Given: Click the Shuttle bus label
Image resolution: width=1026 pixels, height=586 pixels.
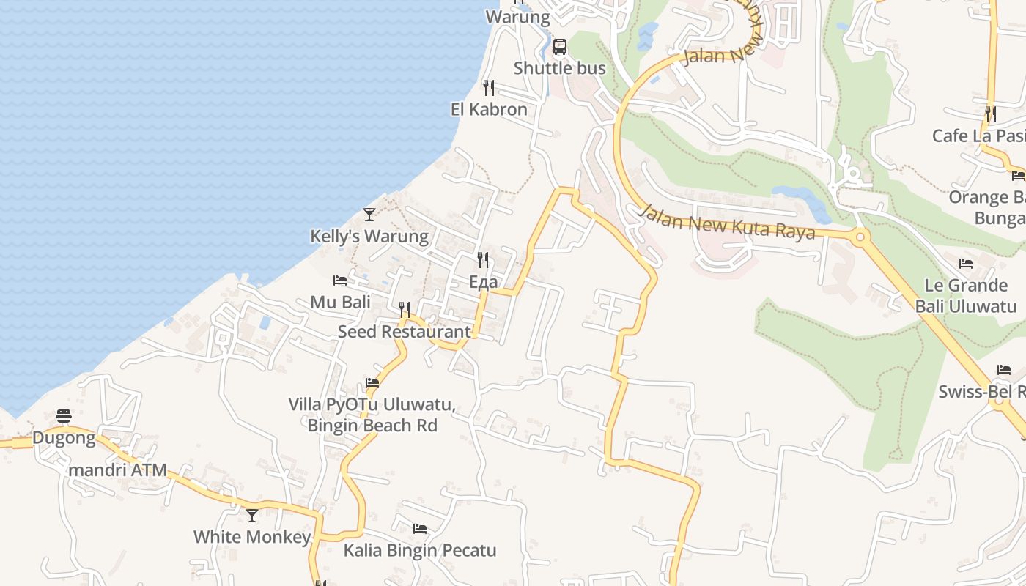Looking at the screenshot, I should pyautogui.click(x=559, y=68).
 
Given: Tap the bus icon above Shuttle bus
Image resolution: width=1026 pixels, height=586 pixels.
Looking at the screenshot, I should pyautogui.click(x=560, y=47).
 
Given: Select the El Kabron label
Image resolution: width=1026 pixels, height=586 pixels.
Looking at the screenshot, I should pyautogui.click(x=489, y=109).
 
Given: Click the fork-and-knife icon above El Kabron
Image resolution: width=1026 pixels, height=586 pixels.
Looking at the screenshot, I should pyautogui.click(x=489, y=88).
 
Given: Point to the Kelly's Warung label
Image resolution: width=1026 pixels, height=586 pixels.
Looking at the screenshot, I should pyautogui.click(x=369, y=236).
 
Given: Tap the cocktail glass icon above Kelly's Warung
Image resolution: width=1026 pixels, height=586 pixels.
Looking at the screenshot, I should pyautogui.click(x=369, y=215).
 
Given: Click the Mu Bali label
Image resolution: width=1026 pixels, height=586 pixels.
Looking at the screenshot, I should pyautogui.click(x=340, y=302).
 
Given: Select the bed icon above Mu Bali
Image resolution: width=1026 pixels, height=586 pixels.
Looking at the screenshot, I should pyautogui.click(x=340, y=281).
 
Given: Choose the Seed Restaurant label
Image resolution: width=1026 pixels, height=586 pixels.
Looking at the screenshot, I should pyautogui.click(x=404, y=331).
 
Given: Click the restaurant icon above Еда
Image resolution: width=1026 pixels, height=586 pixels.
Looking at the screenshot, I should pyautogui.click(x=483, y=260).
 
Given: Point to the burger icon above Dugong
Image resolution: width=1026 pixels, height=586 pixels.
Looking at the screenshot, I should pyautogui.click(x=64, y=417).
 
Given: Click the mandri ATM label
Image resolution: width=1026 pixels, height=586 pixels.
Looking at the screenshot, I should pyautogui.click(x=118, y=470).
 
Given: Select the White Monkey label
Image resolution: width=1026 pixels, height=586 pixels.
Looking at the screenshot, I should pyautogui.click(x=252, y=537).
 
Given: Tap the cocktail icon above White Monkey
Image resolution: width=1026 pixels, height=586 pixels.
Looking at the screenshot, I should pyautogui.click(x=252, y=516).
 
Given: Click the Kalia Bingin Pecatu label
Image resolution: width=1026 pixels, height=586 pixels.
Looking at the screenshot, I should pyautogui.click(x=420, y=550).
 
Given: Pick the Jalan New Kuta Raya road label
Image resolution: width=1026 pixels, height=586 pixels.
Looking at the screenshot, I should pyautogui.click(x=727, y=223).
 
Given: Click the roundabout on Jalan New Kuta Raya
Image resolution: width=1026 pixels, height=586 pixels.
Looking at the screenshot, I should pyautogui.click(x=860, y=237).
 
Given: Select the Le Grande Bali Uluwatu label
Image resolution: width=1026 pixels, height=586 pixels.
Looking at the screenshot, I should pyautogui.click(x=966, y=295).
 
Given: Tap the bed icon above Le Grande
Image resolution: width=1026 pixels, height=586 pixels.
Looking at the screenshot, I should pyautogui.click(x=966, y=264).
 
